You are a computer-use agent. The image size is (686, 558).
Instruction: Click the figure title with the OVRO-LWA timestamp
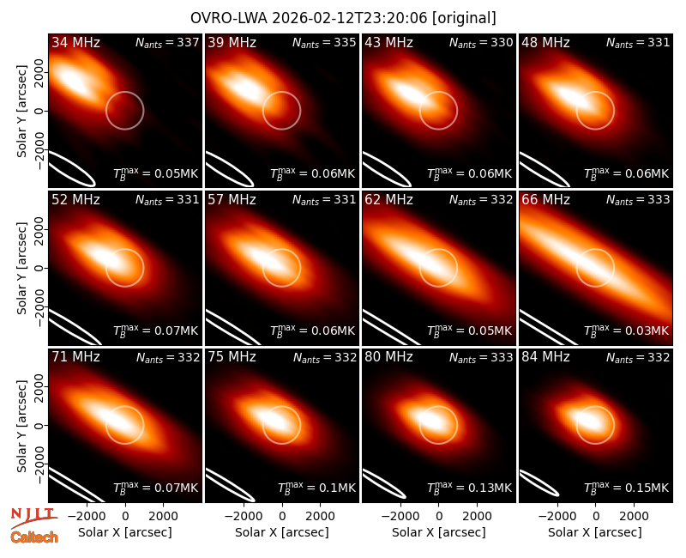pyautogui.click(x=343, y=18)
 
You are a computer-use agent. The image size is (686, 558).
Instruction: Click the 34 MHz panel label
pyautogui.click(x=75, y=42)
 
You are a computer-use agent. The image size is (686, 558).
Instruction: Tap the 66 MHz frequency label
pyautogui.click(x=545, y=200)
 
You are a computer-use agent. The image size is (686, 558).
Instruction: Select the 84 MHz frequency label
pyautogui.click(x=545, y=357)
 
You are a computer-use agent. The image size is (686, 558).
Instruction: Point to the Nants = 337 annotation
pyautogui.click(x=167, y=42)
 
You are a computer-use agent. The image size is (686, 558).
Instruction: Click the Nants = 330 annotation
pyautogui.click(x=481, y=42)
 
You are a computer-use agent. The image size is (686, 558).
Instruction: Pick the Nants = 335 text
pyautogui.click(x=324, y=42)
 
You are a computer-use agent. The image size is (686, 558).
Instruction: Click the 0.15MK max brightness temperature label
pyautogui.click(x=627, y=488)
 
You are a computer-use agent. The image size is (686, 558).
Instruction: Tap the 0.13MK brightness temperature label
pyautogui.click(x=469, y=488)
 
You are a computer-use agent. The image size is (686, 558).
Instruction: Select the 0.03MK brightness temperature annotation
pyautogui.click(x=627, y=331)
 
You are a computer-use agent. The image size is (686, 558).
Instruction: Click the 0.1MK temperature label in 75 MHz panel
pyautogui.click(x=316, y=488)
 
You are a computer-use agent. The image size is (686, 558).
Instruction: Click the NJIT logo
pyautogui.click(x=33, y=517)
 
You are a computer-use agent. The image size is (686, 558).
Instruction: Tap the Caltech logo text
pyautogui.click(x=34, y=537)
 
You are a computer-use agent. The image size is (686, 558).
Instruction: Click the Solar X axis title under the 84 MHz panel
pyautogui.click(x=595, y=532)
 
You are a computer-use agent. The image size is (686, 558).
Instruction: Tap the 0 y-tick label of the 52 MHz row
pyautogui.click(x=39, y=268)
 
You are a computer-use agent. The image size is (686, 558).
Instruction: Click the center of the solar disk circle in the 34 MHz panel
pyautogui.click(x=124, y=111)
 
